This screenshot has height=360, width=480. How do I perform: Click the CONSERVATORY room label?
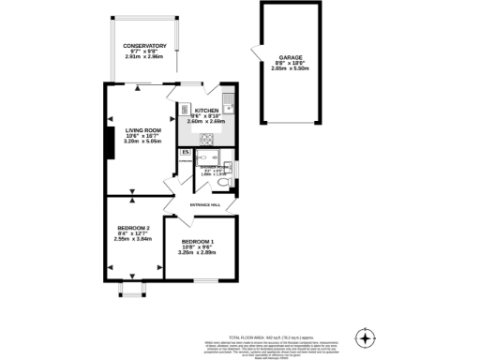(144, 46)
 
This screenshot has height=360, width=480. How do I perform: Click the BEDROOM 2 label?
(133, 228)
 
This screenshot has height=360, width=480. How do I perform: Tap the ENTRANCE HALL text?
(205, 204)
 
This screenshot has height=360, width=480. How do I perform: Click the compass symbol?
(365, 337)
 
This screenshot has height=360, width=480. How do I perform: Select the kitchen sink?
(227, 99)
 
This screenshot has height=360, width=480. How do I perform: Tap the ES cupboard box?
(186, 152)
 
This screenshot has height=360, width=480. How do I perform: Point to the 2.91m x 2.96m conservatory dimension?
(144, 57)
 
